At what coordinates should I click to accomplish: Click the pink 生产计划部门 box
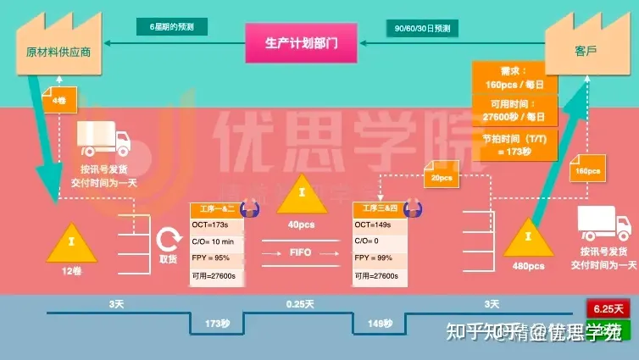[300, 42]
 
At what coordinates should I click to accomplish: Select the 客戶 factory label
[584, 51]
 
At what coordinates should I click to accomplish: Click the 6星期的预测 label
[170, 27]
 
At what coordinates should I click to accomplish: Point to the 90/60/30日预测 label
[423, 27]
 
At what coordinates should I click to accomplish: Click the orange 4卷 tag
[58, 100]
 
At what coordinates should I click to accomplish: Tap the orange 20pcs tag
[442, 179]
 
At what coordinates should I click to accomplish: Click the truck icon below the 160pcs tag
[603, 225]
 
